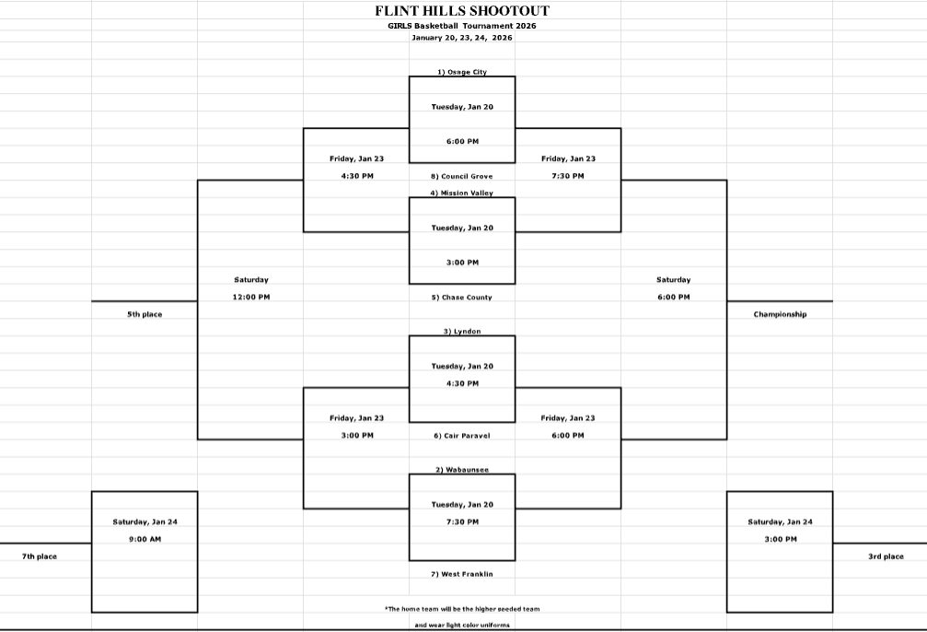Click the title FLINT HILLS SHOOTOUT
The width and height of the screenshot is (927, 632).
point(462,11)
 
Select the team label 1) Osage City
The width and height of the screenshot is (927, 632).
point(462,72)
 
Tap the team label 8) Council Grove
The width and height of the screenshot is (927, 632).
point(462,176)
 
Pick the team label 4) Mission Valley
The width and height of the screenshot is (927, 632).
point(462,193)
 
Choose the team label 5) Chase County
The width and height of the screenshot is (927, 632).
point(462,298)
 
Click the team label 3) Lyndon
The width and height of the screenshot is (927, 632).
point(462,332)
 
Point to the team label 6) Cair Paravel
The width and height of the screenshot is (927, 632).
point(462,436)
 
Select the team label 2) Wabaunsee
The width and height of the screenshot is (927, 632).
point(462,470)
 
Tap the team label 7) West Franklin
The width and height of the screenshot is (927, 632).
point(462,574)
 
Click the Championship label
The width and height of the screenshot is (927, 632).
point(780,314)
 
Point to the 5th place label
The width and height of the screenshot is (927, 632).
point(145,314)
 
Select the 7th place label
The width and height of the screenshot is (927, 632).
point(40,556)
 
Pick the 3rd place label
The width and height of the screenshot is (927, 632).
point(886,556)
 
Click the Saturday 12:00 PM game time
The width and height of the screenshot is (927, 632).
point(251,297)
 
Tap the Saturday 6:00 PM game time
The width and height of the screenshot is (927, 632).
point(674,297)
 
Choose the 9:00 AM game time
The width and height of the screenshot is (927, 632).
point(145,539)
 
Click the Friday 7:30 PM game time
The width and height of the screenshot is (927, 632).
point(568,176)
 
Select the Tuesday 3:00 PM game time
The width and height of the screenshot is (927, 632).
point(462,263)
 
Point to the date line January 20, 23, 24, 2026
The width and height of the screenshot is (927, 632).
point(462,38)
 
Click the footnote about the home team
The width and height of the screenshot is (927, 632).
point(462,609)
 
